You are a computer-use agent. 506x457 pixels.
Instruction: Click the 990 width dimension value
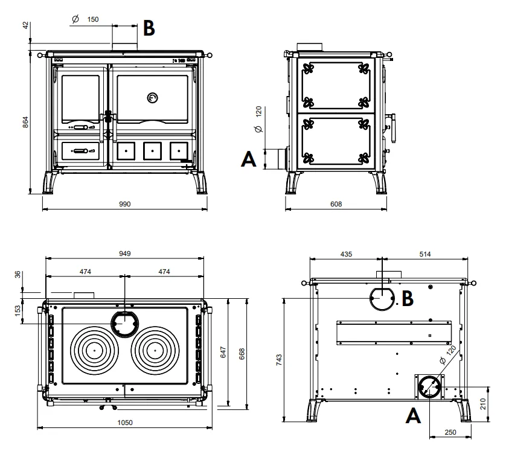pos(125,205)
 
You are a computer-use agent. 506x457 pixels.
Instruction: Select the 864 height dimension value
pos(25,121)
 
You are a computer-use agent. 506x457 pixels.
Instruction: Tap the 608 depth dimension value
pos(336,205)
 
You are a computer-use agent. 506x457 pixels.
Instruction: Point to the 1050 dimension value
pos(125,423)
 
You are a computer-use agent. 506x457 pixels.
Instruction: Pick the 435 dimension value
pos(346,254)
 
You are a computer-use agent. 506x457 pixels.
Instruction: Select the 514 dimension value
pos(424,254)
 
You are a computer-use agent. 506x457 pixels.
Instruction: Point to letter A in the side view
pos(248,159)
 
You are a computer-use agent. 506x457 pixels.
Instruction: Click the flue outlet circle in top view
pos(124,324)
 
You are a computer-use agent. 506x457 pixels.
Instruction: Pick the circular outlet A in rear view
pos(429,386)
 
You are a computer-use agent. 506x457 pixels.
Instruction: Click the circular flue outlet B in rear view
pos(383,298)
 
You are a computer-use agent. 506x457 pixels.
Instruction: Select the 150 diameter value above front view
pos(92,19)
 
